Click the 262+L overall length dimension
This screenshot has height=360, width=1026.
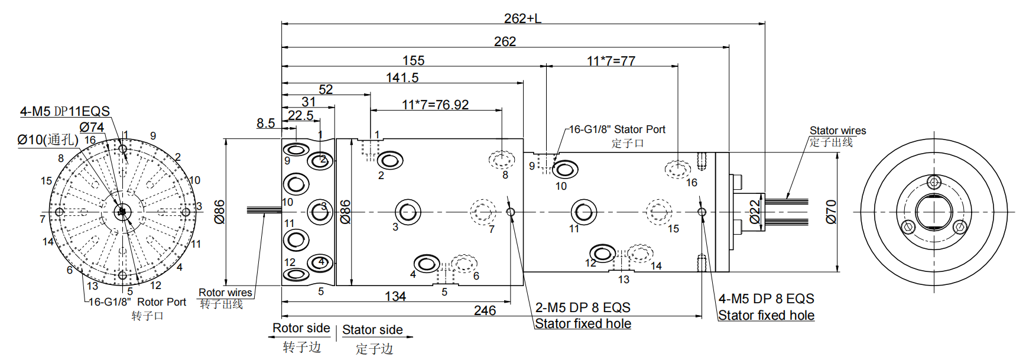tap(522, 18)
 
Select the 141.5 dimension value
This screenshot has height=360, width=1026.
tap(402, 77)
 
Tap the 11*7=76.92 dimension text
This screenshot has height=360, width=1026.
tap(435, 105)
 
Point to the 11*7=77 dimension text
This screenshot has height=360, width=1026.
tap(611, 61)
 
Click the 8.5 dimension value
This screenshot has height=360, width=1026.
tap(265, 123)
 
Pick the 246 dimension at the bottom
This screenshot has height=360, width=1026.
tap(485, 310)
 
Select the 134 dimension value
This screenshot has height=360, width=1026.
tap(395, 296)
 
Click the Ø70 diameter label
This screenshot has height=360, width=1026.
tap(832, 212)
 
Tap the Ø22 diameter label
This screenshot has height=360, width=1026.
tap(755, 212)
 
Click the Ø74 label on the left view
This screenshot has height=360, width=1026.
tap(92, 127)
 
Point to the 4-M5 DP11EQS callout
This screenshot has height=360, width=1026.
tap(65, 111)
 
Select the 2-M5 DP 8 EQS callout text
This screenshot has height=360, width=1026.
tap(583, 307)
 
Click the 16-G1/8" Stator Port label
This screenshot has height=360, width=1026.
tap(617, 129)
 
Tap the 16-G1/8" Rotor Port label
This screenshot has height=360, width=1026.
tap(137, 302)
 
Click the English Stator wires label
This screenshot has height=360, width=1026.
tap(837, 131)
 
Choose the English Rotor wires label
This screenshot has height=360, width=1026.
tap(225, 293)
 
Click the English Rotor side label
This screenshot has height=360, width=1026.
tap(301, 328)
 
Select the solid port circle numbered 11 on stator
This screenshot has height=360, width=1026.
tap(584, 211)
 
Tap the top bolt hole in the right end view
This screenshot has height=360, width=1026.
tap(934, 181)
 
